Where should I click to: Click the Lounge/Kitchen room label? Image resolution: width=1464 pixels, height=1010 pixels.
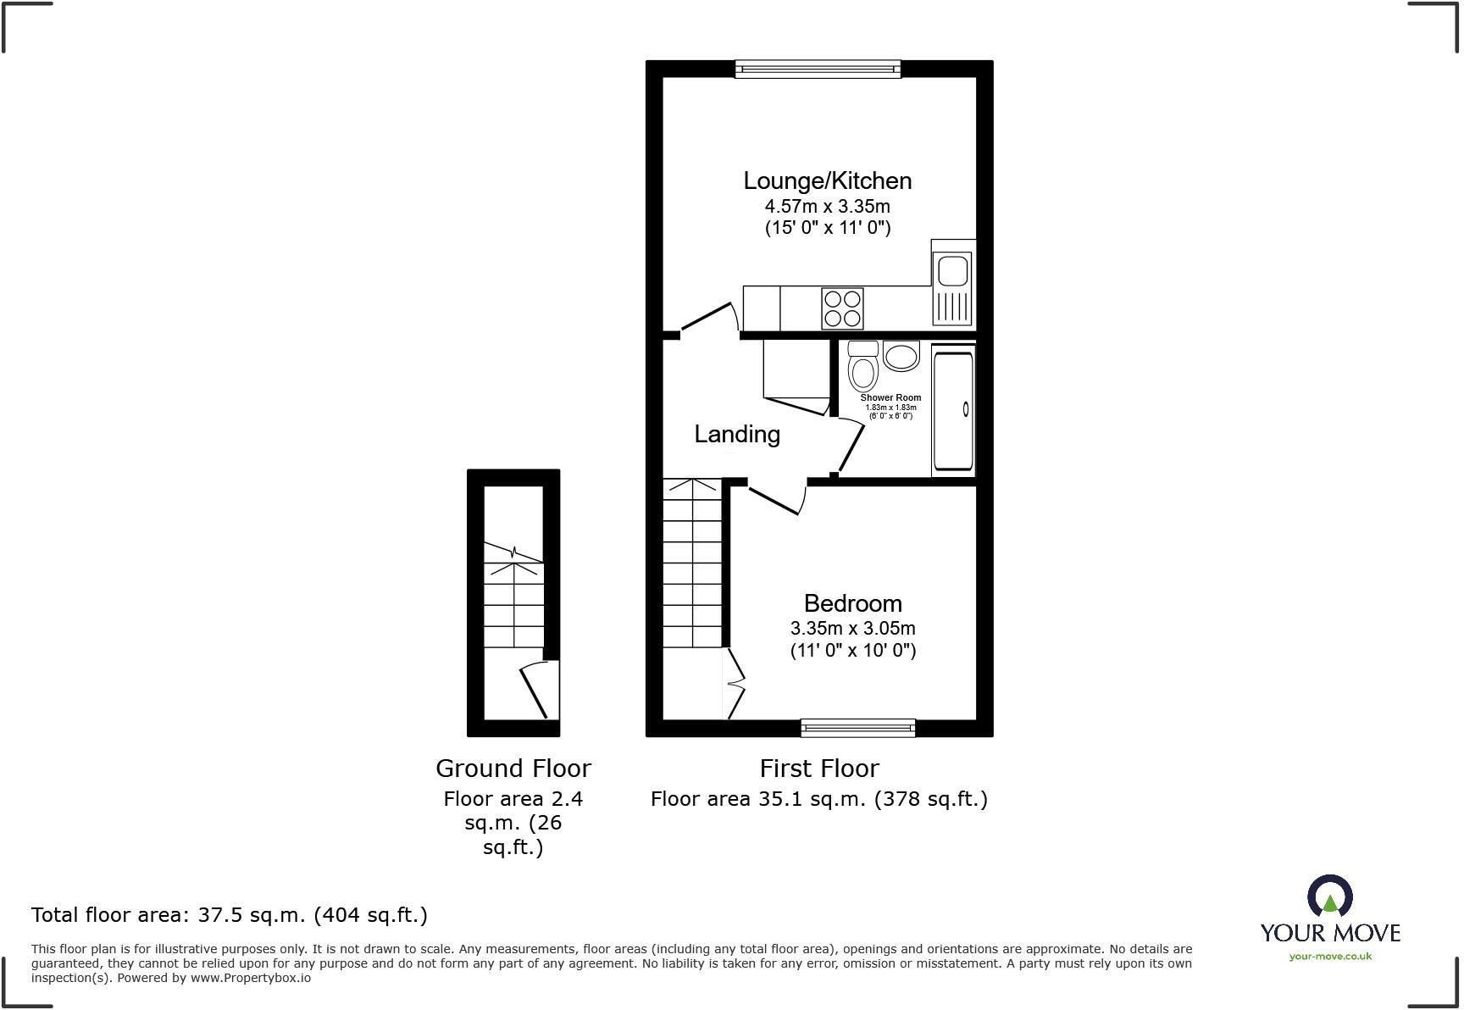(827, 180)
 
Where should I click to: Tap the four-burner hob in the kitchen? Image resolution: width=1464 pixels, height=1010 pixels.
(842, 308)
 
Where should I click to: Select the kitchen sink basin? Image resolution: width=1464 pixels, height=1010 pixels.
(952, 271)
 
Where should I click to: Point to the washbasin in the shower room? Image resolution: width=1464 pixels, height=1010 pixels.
(901, 356)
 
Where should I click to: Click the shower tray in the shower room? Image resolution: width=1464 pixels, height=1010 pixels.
(953, 411)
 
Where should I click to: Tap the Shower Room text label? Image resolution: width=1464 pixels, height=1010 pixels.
(890, 397)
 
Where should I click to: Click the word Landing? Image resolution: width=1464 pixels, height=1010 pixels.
(737, 434)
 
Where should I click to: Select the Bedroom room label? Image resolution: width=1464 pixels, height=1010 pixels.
(852, 603)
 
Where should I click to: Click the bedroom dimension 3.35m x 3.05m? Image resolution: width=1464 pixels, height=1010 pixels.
(852, 629)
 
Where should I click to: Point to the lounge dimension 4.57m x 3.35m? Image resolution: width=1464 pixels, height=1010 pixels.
(827, 206)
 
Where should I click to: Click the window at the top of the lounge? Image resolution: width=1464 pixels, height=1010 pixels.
(818, 69)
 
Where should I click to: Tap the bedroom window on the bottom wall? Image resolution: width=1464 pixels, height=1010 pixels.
(857, 727)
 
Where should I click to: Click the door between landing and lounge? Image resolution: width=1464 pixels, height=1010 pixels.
(708, 318)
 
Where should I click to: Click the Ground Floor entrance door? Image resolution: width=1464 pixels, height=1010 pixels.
(534, 690)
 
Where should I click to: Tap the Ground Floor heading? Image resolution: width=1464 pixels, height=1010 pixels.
(513, 769)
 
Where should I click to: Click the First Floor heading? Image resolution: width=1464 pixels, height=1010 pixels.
(818, 769)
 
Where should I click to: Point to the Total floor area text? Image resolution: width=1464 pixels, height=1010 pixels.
(229, 915)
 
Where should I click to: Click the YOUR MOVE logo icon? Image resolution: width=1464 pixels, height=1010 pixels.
(1329, 897)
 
